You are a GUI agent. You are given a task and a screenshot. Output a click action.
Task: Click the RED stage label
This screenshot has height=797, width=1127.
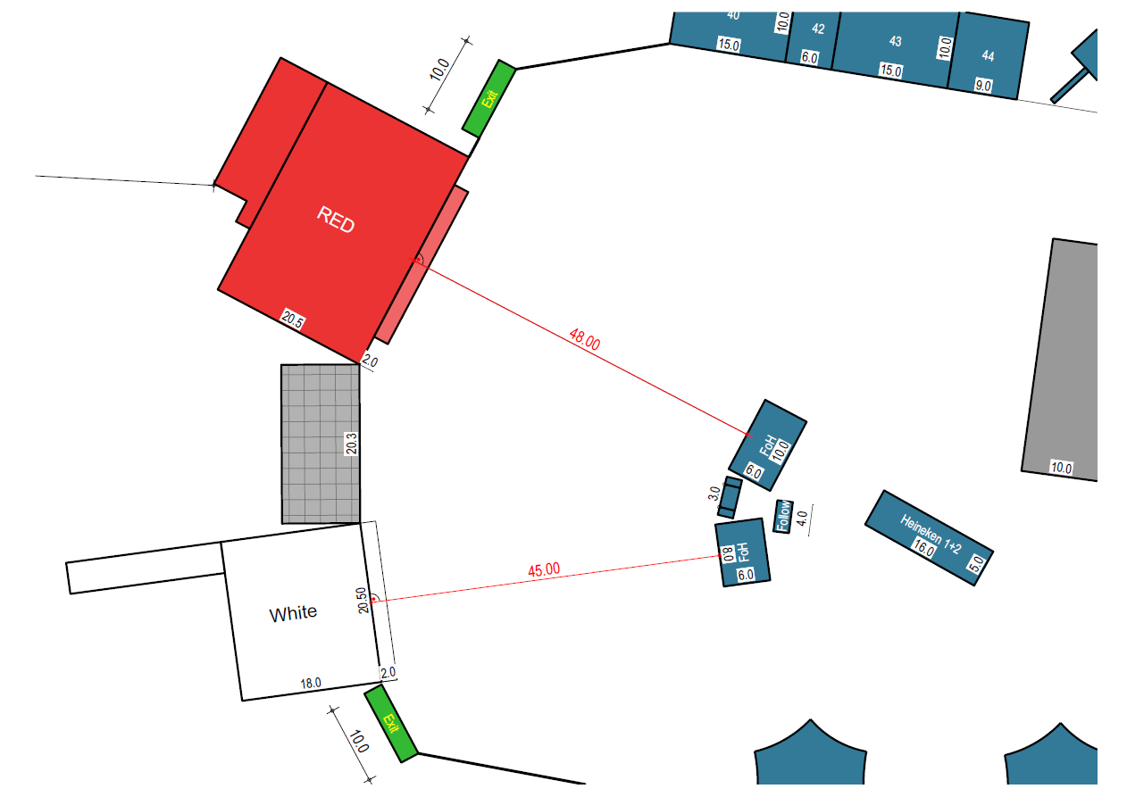point(336,220)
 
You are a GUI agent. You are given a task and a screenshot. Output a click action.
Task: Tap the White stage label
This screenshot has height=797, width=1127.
point(293,613)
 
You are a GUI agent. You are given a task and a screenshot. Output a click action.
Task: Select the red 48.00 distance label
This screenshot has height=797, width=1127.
point(585,339)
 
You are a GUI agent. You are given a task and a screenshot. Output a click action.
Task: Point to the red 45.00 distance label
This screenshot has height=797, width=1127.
point(544,569)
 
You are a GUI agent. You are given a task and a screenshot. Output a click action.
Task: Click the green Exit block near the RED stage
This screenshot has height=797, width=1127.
point(489,98)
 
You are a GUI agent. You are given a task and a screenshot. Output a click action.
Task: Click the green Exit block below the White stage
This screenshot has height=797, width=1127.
point(391,724)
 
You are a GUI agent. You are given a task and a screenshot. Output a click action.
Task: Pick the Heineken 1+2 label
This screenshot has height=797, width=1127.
point(931,534)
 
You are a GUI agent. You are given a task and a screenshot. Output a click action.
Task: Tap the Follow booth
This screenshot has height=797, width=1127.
point(783,517)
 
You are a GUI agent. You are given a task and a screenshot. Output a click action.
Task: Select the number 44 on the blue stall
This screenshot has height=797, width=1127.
point(989,56)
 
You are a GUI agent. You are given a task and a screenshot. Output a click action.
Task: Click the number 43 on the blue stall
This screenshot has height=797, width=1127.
point(895,41)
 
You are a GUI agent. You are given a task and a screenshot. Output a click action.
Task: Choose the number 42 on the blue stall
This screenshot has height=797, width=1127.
point(818,29)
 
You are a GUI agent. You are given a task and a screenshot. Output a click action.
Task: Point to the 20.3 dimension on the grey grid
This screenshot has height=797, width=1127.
point(351,444)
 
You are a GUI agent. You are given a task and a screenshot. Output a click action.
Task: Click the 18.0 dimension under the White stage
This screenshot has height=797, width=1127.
point(311,684)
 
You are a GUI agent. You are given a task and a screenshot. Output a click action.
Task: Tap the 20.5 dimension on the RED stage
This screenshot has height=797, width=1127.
point(293,320)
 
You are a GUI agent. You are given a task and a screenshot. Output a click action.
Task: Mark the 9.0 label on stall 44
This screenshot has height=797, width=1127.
point(983,86)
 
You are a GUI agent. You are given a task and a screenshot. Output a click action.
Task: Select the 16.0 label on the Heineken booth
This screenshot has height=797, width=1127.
point(923,548)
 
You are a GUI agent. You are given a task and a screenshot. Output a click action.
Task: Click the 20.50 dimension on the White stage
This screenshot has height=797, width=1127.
point(362,601)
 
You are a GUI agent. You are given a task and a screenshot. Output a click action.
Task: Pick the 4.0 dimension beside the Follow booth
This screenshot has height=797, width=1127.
point(803,518)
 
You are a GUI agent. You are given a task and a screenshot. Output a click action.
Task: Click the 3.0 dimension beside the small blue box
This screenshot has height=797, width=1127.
point(714,494)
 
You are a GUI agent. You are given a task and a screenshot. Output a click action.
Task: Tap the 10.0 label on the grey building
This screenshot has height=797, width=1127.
point(1061,468)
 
